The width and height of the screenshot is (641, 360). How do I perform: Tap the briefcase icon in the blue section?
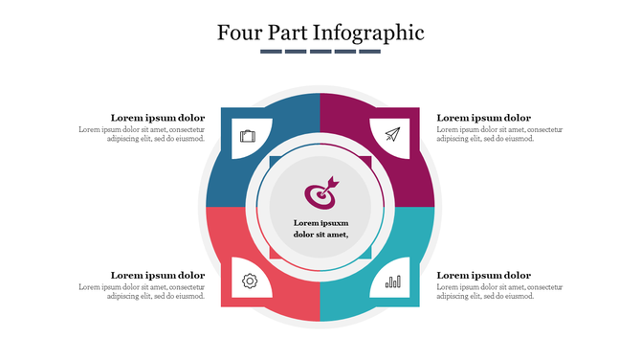coord(248,136)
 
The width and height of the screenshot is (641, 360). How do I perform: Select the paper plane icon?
coord(392,135)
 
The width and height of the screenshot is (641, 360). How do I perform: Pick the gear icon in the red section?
coord(250,281)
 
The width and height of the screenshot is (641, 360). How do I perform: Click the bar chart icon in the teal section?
coord(393,281)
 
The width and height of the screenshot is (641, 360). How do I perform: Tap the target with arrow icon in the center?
coord(321,192)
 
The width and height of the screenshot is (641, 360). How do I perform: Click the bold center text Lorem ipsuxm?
coord(320,222)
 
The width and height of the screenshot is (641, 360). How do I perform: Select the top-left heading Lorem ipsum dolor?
coord(158,118)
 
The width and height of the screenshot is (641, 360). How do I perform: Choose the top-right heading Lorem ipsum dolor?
coord(483,118)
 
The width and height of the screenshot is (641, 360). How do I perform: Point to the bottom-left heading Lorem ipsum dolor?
coord(158,276)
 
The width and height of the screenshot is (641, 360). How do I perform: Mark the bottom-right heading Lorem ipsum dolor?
coord(483,276)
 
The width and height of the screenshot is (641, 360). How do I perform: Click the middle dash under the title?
coord(320,52)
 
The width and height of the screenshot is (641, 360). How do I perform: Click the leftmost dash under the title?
coord(271,52)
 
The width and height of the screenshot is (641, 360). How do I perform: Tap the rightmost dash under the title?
coord(370,52)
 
